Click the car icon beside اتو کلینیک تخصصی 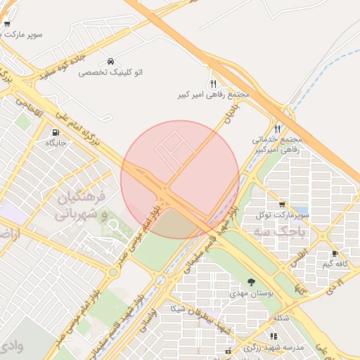(111, 61)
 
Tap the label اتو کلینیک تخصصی (111, 72)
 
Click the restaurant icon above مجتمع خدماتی (278, 129)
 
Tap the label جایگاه (56, 143)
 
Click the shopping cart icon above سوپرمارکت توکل (282, 204)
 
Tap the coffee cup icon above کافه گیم (335, 253)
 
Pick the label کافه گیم (335, 264)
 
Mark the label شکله (281, 318)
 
